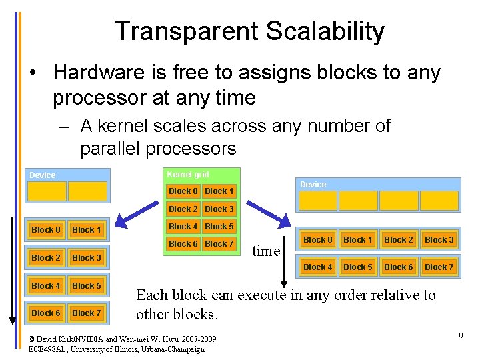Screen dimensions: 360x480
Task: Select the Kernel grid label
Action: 187,175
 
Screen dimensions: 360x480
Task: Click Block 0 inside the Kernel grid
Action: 183,191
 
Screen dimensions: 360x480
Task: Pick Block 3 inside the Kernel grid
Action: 219,209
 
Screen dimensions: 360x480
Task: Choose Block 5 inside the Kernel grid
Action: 219,227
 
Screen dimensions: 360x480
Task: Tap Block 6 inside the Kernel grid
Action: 183,244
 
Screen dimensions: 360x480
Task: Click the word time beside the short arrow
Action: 266,251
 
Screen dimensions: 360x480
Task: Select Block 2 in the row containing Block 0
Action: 399,240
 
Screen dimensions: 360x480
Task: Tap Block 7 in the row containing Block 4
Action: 439,267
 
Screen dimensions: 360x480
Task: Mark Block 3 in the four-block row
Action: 439,240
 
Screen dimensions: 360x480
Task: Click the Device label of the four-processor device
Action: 313,185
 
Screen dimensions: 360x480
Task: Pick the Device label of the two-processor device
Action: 43,175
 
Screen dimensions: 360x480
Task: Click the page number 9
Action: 460,336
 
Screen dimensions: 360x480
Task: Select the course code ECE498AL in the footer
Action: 50,349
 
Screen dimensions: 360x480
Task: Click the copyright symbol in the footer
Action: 31,338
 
